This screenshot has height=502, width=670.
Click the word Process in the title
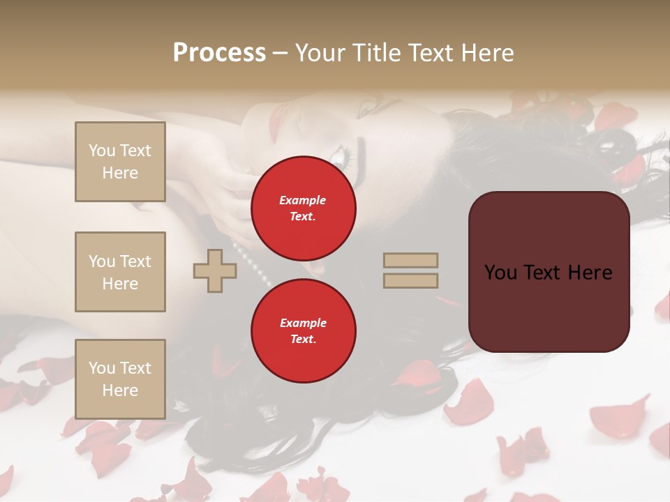point(219,53)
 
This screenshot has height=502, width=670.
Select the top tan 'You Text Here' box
point(120,162)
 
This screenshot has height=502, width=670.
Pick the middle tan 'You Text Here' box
point(120,272)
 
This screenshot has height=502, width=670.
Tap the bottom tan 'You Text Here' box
point(120,379)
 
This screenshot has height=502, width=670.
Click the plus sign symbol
point(215,271)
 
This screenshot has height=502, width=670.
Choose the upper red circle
point(304,208)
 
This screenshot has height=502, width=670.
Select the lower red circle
point(304,330)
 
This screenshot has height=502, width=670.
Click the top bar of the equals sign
point(410,261)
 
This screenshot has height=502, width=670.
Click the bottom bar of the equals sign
point(410,281)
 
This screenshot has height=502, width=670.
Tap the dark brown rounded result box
point(549,271)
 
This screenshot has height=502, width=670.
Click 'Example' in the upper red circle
point(302,200)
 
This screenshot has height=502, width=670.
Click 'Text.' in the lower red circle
point(303,339)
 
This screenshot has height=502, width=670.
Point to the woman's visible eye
point(344,155)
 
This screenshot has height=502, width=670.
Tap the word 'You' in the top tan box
point(101,151)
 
